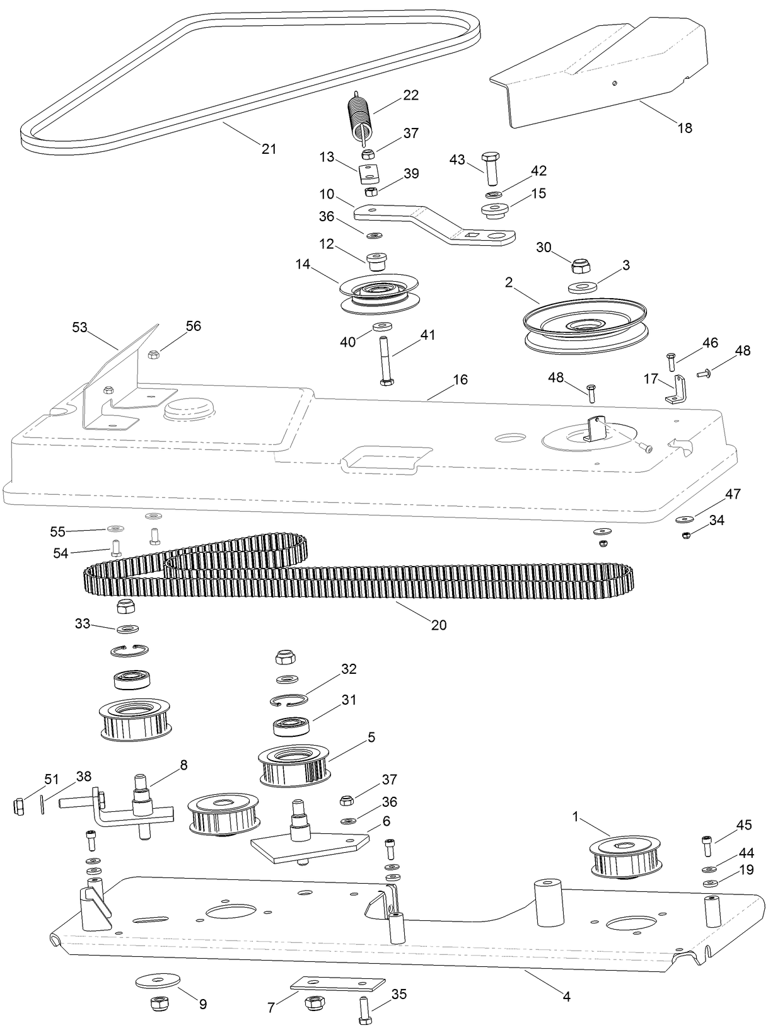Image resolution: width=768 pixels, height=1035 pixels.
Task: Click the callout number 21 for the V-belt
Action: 269,149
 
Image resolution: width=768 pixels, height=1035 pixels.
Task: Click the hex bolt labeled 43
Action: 490,166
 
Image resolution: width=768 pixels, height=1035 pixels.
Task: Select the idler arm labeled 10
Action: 435,223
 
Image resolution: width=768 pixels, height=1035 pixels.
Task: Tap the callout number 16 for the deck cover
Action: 460,379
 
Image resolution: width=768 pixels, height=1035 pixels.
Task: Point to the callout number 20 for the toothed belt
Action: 439,625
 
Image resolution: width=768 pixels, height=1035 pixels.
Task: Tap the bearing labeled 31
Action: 291,726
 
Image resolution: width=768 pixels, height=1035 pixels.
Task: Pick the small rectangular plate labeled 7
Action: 337,984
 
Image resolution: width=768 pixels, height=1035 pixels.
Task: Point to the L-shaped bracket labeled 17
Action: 677,391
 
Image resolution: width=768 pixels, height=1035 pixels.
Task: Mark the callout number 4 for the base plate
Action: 566,997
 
